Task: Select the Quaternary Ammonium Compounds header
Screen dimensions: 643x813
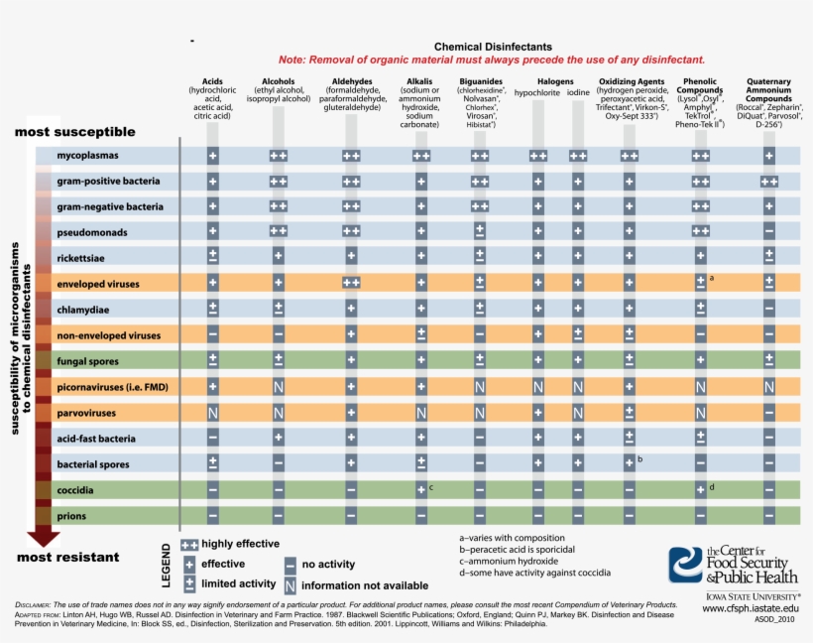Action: tap(768, 86)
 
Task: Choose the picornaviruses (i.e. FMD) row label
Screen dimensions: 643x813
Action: tap(112, 387)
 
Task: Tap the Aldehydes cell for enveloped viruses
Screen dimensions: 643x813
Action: tap(350, 284)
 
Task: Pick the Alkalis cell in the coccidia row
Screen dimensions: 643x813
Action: tap(420, 489)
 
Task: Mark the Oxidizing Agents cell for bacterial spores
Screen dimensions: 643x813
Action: tap(629, 463)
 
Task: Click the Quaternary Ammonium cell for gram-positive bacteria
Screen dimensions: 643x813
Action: tap(768, 182)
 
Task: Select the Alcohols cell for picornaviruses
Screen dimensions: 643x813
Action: tap(279, 387)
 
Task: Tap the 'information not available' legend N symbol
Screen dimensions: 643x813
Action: tap(290, 585)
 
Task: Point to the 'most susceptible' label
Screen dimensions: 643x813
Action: tap(74, 132)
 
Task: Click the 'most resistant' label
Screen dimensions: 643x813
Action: tap(68, 557)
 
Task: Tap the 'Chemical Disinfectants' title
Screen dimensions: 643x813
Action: tap(493, 47)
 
